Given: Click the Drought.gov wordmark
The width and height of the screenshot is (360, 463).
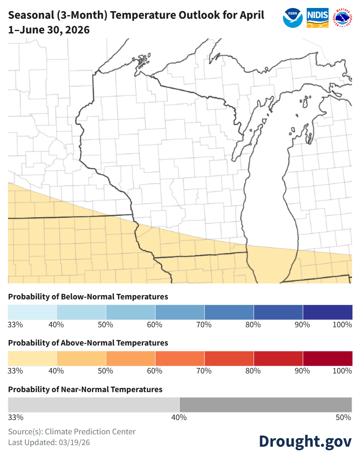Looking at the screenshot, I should (305, 441).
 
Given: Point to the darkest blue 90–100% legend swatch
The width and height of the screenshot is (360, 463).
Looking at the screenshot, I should (327, 312).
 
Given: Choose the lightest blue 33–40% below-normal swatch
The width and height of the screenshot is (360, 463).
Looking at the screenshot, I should (32, 312).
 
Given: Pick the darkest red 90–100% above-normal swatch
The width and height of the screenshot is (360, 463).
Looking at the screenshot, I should (327, 358).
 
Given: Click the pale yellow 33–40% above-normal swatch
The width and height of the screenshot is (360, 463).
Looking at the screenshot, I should (32, 358).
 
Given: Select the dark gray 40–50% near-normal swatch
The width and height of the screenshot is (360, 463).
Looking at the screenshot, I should (266, 405).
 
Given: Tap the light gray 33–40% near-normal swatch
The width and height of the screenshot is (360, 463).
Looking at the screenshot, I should (94, 405).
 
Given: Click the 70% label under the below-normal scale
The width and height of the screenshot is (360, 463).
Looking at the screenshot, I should (204, 324).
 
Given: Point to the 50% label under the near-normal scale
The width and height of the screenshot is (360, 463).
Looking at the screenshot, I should (343, 417).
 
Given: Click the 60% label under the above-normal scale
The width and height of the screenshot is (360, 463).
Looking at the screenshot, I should (154, 371).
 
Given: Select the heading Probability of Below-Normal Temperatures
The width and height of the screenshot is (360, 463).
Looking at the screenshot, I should (88, 297).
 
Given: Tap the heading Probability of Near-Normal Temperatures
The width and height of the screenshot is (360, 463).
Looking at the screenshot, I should (85, 389).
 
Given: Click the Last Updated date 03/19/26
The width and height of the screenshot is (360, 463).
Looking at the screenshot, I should (73, 442).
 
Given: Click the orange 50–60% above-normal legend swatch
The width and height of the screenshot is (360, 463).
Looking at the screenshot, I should (130, 358).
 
